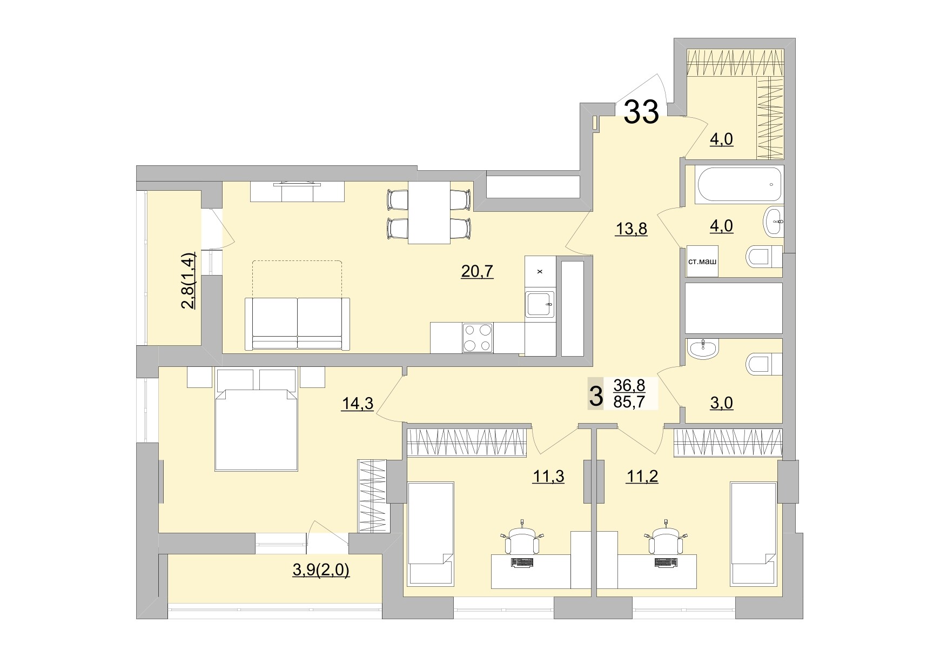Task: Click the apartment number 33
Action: [641, 112]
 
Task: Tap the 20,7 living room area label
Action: [477, 271]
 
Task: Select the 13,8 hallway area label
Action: [631, 229]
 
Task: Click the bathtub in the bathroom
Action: [739, 185]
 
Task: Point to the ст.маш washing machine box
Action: [702, 262]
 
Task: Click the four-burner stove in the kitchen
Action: [478, 338]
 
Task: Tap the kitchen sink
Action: [540, 304]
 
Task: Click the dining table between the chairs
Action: [429, 213]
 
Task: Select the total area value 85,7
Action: [629, 401]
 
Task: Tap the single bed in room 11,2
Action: [754, 533]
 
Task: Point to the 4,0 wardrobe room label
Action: [721, 139]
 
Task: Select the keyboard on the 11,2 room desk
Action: [666, 562]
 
